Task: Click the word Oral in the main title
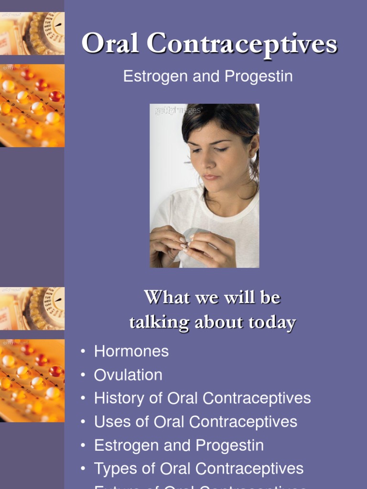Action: click(111, 44)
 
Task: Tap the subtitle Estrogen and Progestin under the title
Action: click(208, 76)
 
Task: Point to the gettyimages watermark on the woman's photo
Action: click(178, 111)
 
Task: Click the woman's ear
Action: click(254, 147)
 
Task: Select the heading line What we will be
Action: click(212, 298)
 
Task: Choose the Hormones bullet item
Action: click(131, 351)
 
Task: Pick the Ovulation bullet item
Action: click(128, 375)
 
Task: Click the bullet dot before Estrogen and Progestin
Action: click(84, 446)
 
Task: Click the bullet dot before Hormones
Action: click(84, 352)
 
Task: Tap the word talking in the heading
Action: click(152, 322)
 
